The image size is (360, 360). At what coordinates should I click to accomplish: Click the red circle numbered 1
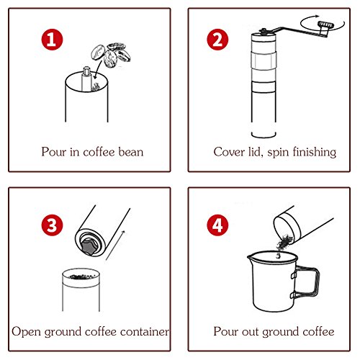[52, 40]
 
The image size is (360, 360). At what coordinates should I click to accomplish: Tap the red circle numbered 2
[217, 40]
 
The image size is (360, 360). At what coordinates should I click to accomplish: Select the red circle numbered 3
[52, 225]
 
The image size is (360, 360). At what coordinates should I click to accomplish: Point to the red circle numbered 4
[217, 225]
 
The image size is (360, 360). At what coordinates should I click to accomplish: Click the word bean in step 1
[131, 152]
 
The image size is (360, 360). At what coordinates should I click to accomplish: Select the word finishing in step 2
[315, 153]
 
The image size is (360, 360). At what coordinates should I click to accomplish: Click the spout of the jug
[250, 257]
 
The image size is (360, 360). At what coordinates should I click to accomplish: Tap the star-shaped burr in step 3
[90, 246]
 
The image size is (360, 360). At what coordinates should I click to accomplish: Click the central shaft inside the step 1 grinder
[86, 78]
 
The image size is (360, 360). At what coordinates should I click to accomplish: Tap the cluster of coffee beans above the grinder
[111, 55]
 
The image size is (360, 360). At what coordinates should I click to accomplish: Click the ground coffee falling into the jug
[284, 244]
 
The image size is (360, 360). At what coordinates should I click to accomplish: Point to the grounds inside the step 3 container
[81, 276]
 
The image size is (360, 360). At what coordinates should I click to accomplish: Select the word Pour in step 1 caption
[53, 152]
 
